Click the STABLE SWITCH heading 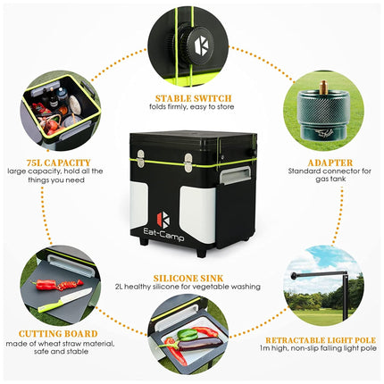click(193, 98)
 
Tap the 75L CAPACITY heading click(58, 163)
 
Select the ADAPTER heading click(330, 163)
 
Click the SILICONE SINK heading click(188, 279)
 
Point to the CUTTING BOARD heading click(58, 334)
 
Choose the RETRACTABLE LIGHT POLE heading click(321, 340)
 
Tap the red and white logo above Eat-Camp click(163, 220)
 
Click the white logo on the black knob click(202, 46)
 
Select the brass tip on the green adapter click(322, 88)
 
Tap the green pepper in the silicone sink click(188, 335)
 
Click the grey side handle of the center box click(235, 176)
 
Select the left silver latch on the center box click(140, 158)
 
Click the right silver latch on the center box click(188, 163)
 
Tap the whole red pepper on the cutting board click(46, 285)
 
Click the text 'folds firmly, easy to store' click(192, 107)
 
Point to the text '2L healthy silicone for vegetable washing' click(188, 287)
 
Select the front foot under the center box click(201, 253)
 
